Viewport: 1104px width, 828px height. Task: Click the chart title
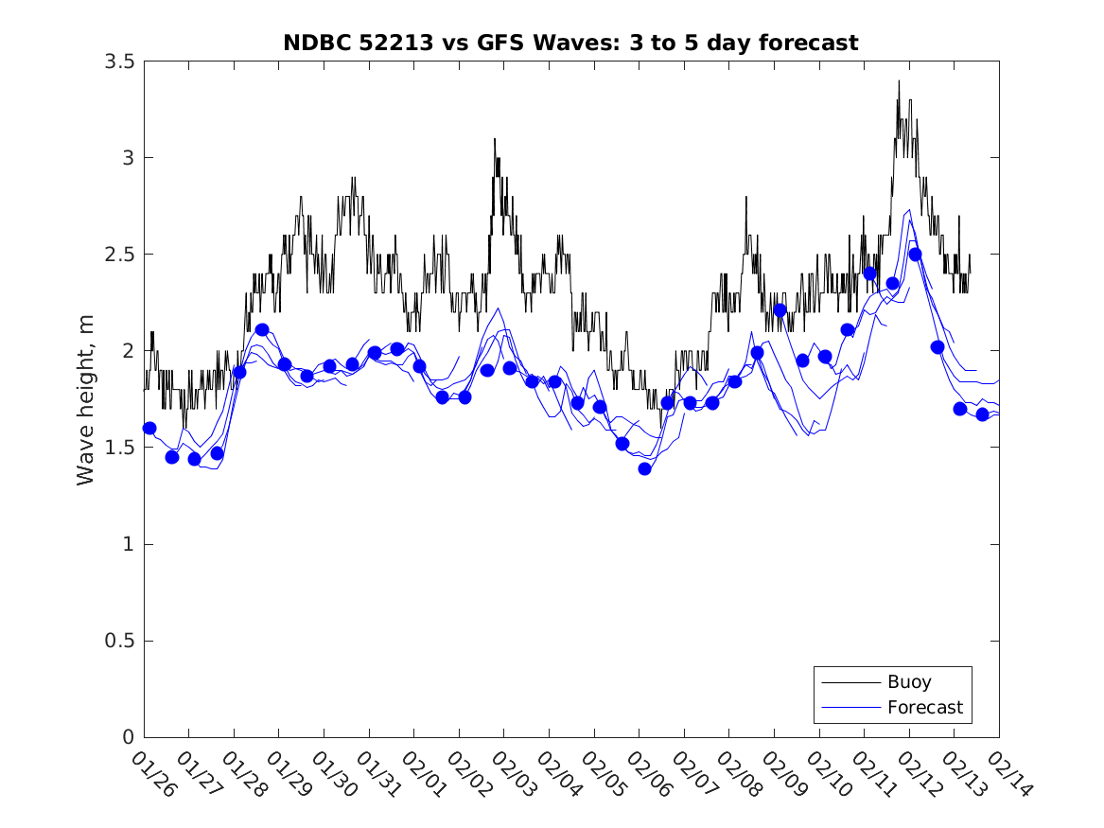[x=570, y=44]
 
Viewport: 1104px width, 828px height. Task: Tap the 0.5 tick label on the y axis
[x=117, y=641]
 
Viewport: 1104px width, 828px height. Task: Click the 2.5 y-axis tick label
[x=117, y=255]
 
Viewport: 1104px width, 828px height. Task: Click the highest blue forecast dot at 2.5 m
[x=915, y=254]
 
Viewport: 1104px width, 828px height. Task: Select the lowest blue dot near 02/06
[x=644, y=468]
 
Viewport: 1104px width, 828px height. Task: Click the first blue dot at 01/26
[x=149, y=428]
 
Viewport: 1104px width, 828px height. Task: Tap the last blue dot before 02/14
[x=982, y=414]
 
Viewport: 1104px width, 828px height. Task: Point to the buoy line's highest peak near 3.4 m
[x=899, y=81]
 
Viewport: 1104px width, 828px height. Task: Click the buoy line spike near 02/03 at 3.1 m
[x=494, y=139]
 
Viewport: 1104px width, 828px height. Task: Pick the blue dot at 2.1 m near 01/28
[x=262, y=329]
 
